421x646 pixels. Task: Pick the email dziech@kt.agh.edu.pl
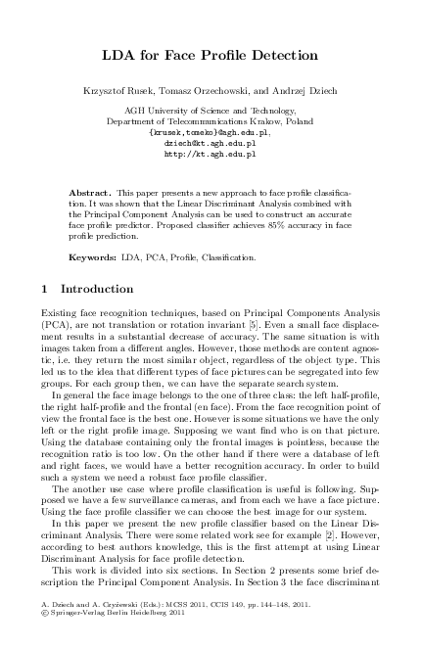point(210,143)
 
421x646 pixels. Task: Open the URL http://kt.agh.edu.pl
point(210,154)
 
